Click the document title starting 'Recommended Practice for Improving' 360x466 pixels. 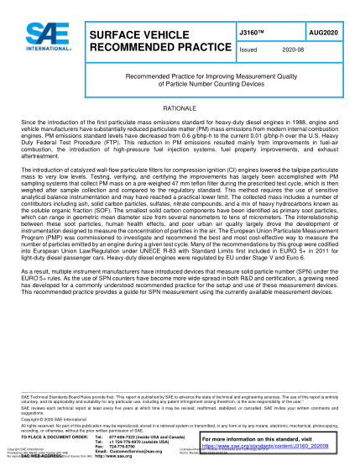coord(180,81)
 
